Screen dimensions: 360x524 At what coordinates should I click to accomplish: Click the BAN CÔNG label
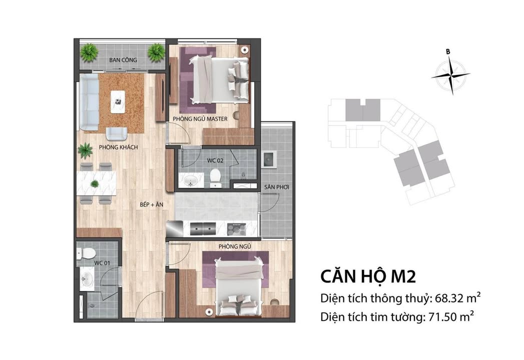pyautogui.click(x=123, y=60)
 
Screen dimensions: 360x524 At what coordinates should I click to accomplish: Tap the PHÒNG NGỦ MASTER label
pyautogui.click(x=200, y=119)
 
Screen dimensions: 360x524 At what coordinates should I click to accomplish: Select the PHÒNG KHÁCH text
pyautogui.click(x=118, y=147)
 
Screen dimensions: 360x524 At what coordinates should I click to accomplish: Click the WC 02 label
pyautogui.click(x=215, y=160)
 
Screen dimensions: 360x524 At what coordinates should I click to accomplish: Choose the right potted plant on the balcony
pyautogui.click(x=156, y=51)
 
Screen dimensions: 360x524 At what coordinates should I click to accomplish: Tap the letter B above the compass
pyautogui.click(x=448, y=51)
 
